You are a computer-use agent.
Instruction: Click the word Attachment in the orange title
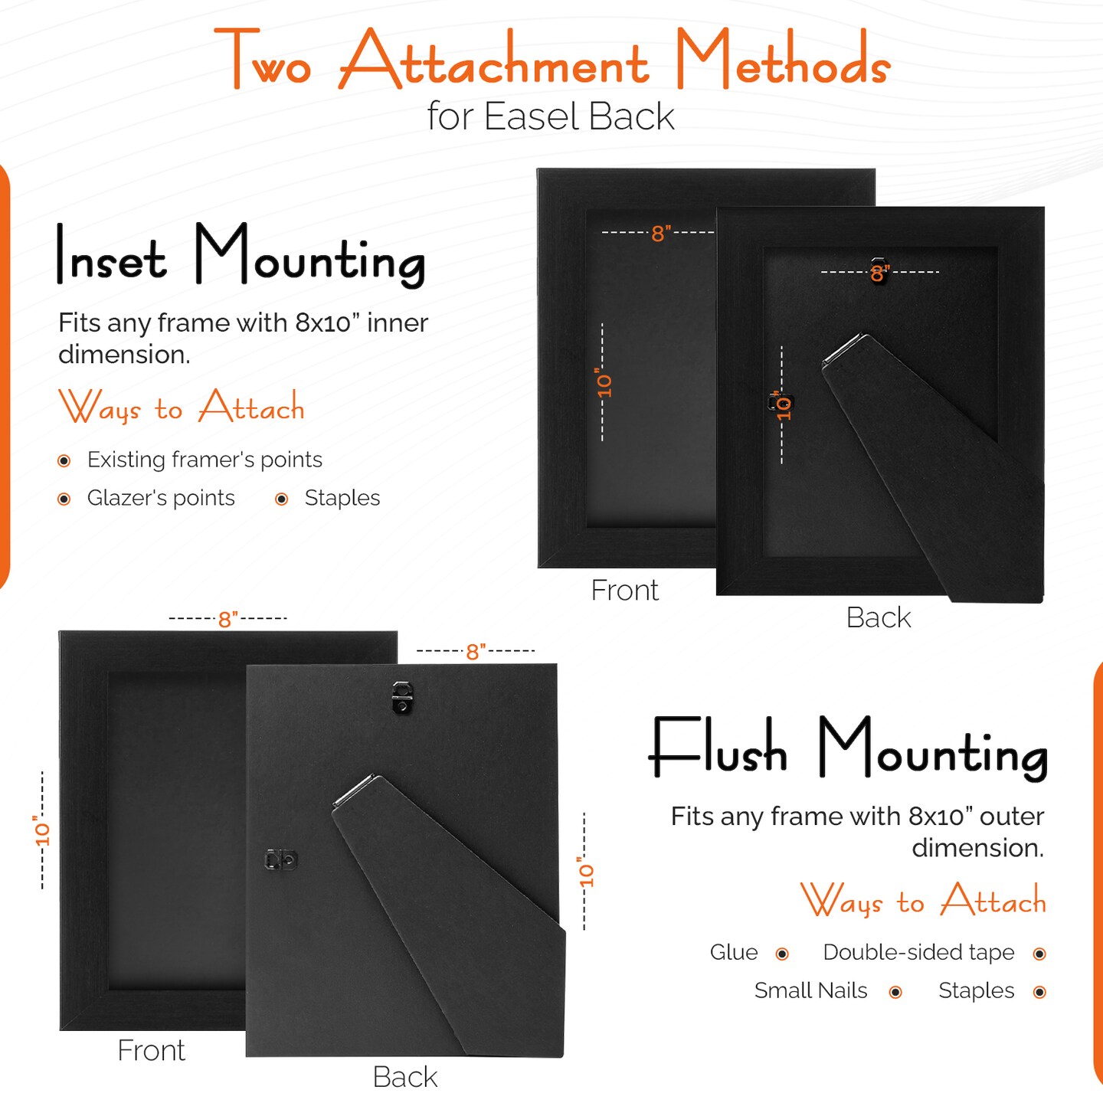495,59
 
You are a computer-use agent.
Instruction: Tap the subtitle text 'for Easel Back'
551,116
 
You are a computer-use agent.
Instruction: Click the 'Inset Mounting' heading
241,255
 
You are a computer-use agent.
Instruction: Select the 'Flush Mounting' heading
848,749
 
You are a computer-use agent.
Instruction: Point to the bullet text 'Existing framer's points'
205,460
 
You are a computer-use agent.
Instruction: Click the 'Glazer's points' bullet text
161,498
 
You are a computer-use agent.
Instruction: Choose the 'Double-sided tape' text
918,952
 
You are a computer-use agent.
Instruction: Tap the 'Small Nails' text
810,990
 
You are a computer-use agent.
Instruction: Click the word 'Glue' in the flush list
734,952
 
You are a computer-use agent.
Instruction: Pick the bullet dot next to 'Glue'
782,954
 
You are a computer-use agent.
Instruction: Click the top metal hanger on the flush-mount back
402,697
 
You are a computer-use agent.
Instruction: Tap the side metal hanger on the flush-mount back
281,859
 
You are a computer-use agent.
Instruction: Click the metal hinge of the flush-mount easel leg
354,790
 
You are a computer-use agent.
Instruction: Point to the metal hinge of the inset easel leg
843,349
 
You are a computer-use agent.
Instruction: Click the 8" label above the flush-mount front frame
227,620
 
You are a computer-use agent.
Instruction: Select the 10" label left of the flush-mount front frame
42,830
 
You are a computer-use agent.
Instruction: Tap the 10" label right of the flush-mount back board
585,872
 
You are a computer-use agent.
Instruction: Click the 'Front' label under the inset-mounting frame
624,590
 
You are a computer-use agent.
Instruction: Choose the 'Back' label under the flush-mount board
404,1077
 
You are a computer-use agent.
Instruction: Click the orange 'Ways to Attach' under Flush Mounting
923,900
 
